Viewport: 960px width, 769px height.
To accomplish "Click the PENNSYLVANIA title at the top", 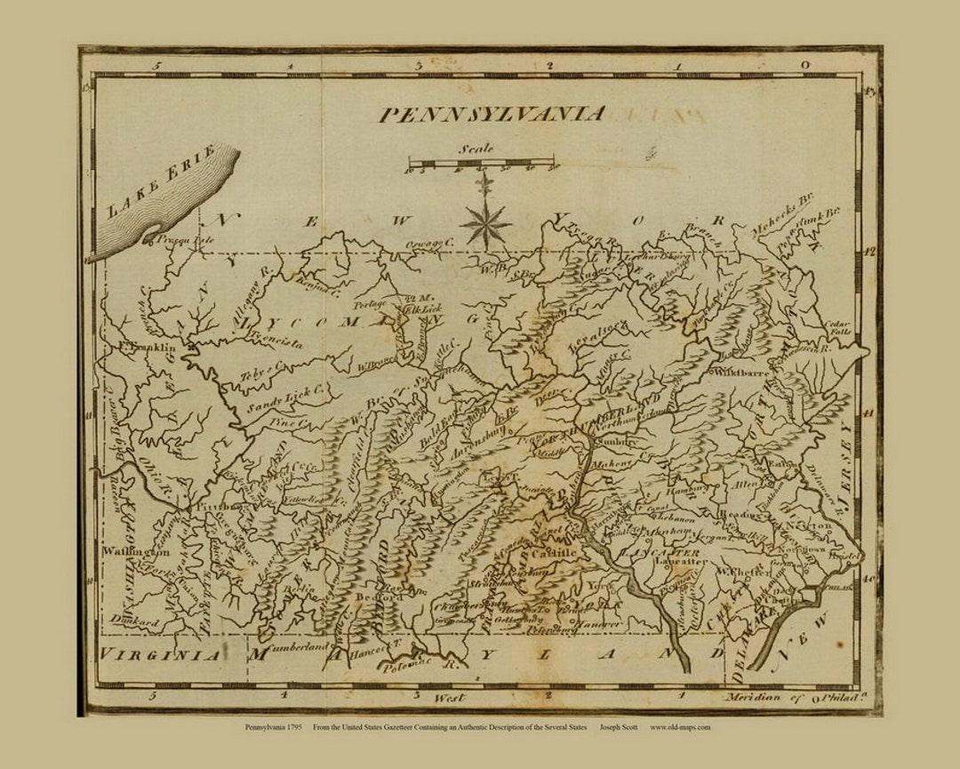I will coord(492,115).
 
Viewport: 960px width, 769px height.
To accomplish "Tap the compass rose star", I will coord(484,223).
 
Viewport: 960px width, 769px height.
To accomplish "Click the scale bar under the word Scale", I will coord(483,164).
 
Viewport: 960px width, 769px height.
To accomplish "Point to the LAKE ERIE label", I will coord(161,183).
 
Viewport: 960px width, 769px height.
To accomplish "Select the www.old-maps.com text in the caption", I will coord(680,727).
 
